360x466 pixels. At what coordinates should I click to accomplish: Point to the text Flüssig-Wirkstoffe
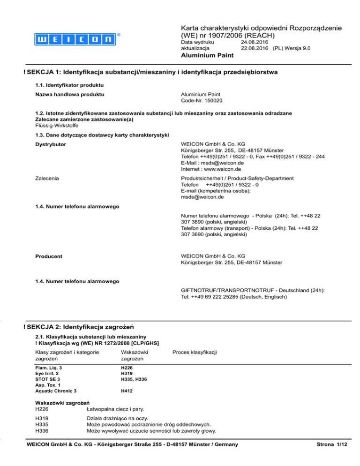pos(57,126)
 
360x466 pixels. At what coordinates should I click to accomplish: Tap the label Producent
pos(50,256)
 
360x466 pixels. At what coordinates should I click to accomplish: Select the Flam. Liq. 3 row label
pos(49,368)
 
